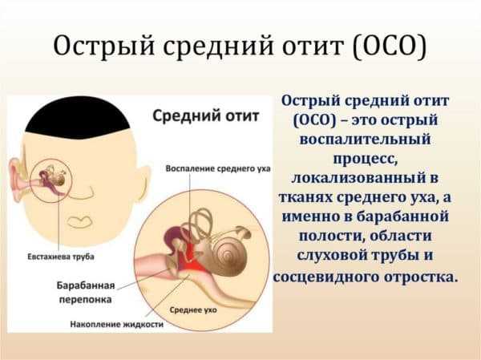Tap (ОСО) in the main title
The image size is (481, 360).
390,47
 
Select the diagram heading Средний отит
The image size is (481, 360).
206,116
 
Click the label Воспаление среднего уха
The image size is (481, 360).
218,168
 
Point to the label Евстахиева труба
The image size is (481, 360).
61,257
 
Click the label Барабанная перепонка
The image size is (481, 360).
86,292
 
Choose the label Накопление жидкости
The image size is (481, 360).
116,324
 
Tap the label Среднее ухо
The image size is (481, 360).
193,310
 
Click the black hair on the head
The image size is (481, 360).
78,118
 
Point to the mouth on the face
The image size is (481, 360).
79,222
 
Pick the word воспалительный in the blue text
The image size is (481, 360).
365,139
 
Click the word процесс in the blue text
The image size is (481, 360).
365,159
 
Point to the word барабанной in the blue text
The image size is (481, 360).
402,216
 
